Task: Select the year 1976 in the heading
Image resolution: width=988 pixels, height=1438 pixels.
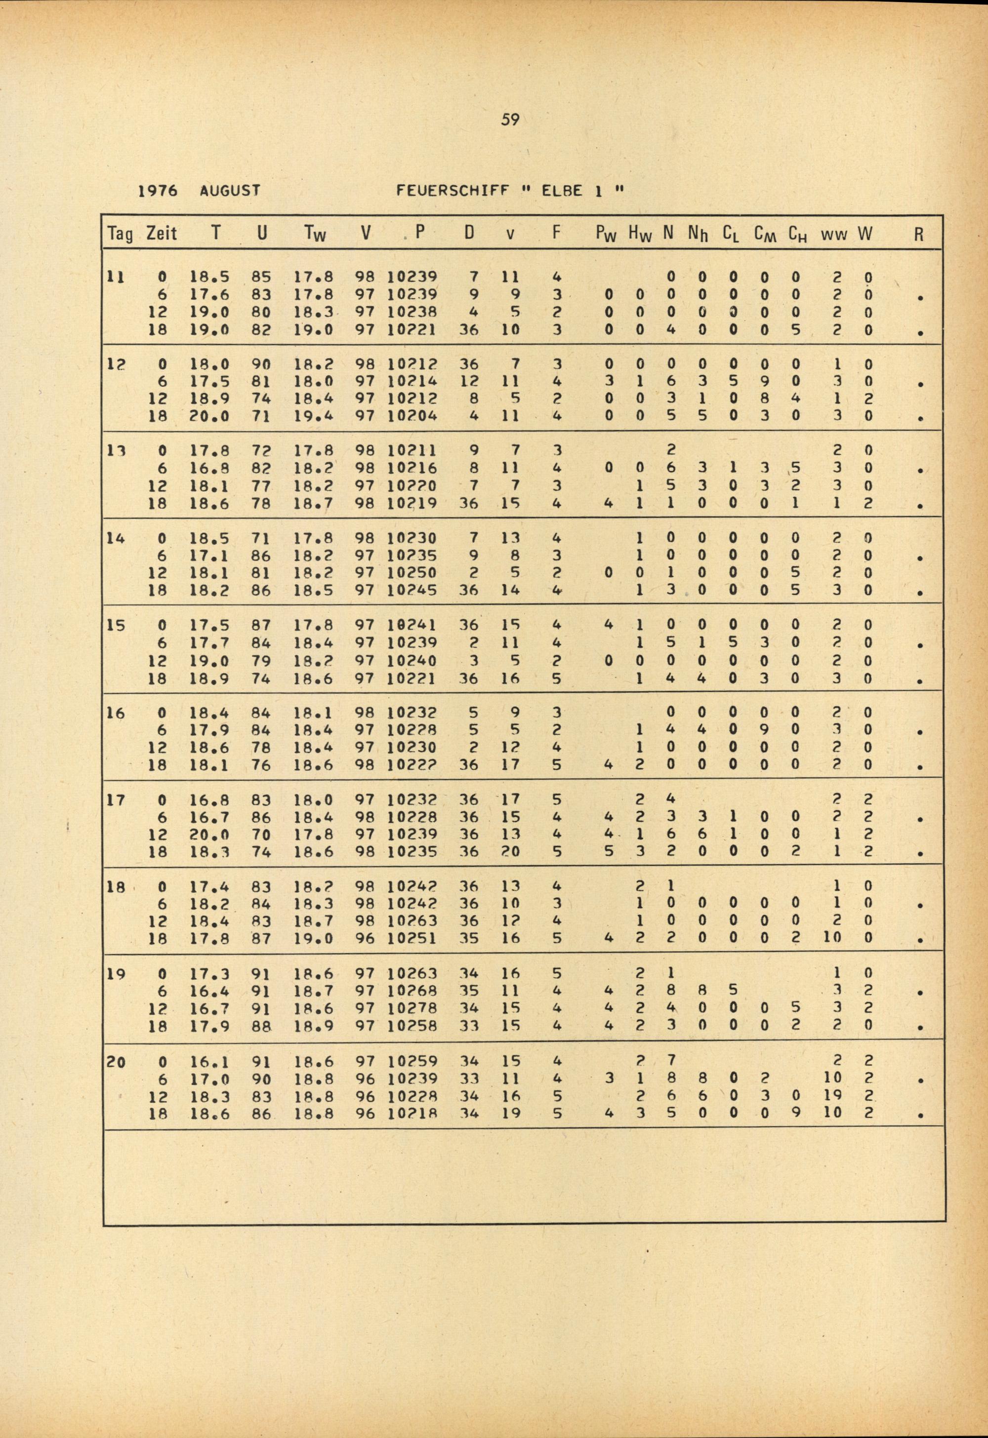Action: click(157, 191)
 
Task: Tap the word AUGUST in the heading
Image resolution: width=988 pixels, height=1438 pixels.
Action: click(230, 191)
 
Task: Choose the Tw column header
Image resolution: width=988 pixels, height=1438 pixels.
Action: click(316, 234)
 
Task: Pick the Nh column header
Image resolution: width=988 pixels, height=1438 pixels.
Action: click(699, 234)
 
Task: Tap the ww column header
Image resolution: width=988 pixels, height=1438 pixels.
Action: click(834, 234)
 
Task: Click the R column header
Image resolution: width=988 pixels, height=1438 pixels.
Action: click(919, 234)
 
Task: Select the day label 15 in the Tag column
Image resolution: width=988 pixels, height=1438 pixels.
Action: click(116, 626)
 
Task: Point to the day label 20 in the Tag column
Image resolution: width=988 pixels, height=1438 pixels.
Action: click(116, 1062)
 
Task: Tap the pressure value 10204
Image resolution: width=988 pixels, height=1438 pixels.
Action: click(412, 416)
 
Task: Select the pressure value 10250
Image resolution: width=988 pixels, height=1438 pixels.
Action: click(412, 572)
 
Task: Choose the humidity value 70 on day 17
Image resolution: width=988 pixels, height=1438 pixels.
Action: click(262, 834)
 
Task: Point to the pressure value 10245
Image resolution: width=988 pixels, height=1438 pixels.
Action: click(412, 590)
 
